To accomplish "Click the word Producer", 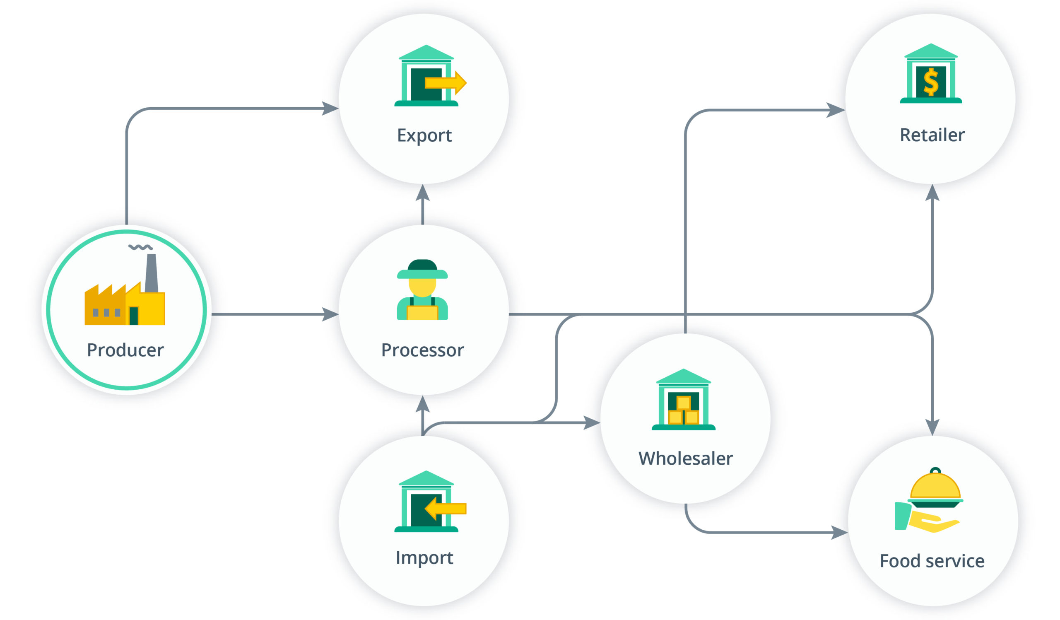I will pos(125,350).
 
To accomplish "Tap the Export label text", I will pos(424,136).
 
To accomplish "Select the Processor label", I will pos(422,350).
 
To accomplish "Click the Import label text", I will pos(424,558).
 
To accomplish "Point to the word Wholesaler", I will pos(685,458).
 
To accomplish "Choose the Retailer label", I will pos(932,135).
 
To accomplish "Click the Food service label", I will pos(932,561).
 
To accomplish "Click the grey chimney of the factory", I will pos(152,273).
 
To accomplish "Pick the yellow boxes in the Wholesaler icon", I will pos(684,411).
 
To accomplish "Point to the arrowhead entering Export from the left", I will pos(330,109).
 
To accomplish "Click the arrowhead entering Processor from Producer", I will pos(330,314).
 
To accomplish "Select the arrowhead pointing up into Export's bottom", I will pos(422,193).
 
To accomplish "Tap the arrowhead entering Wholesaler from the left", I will pos(591,423).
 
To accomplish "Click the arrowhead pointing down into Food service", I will pos(932,427).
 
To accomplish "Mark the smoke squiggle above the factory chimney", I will pos(140,247).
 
